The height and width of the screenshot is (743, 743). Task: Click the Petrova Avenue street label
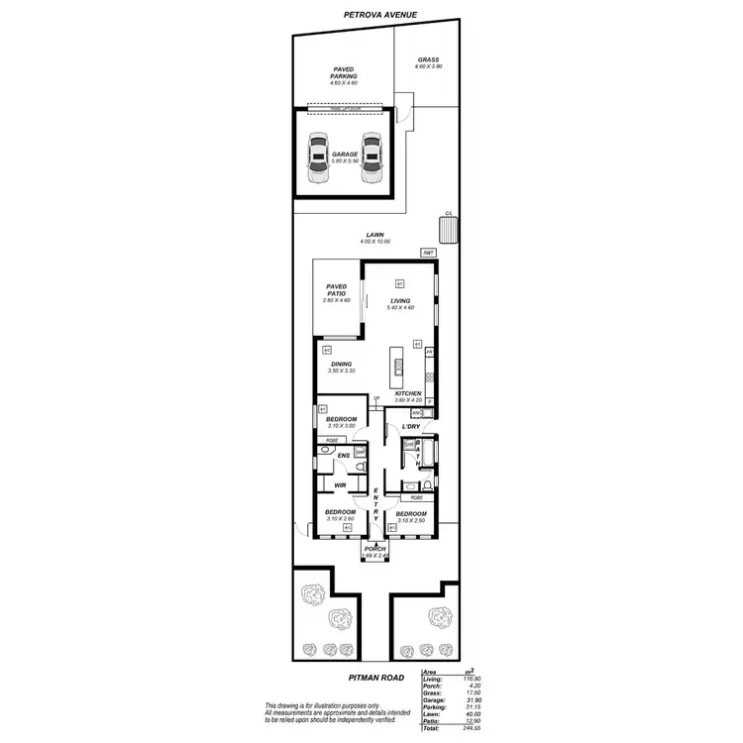380,16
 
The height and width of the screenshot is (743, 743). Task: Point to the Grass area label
428,61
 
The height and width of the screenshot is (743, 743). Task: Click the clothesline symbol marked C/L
449,229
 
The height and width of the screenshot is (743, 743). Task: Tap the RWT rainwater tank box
428,254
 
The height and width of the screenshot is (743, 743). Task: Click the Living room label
399,302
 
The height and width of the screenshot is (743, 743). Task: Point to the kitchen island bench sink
397,367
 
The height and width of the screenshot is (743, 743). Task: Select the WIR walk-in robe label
339,485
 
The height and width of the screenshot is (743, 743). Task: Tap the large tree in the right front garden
438,618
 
